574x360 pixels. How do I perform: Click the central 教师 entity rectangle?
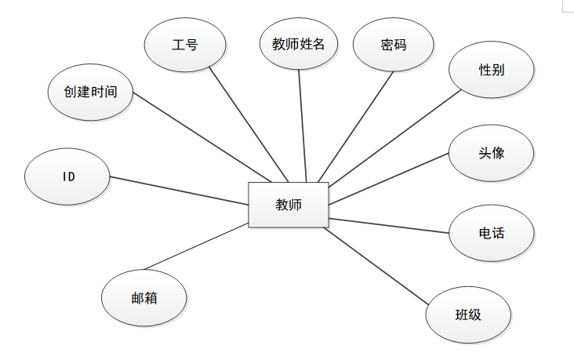click(288, 205)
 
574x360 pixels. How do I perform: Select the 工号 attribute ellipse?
click(186, 45)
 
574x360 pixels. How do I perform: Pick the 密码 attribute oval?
click(393, 45)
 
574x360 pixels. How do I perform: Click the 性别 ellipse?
click(492, 70)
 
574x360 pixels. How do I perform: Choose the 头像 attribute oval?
click(492, 152)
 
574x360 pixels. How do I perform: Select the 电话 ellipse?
click(492, 233)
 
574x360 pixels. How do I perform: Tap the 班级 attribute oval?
click(468, 315)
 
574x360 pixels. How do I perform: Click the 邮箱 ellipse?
click(144, 297)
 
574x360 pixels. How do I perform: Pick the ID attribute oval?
click(68, 176)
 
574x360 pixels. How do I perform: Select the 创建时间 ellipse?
click(91, 92)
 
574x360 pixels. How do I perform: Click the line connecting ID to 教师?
click(179, 191)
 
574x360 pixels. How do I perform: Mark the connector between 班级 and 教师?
click(377, 265)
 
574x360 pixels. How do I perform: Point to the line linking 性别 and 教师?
click(395, 139)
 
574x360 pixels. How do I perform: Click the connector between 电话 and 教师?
click(389, 225)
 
